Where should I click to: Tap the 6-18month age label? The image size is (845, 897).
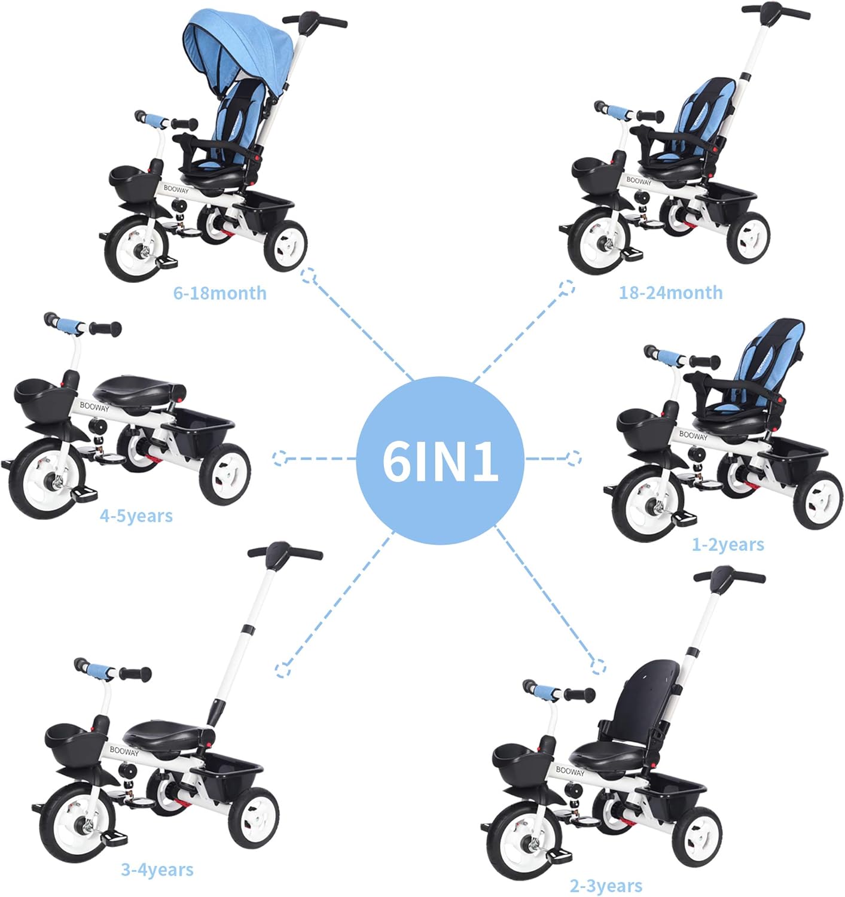(219, 293)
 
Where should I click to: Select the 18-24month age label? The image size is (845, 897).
(670, 292)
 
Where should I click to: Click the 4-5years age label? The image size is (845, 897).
(136, 515)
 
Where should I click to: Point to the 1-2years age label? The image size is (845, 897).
(728, 544)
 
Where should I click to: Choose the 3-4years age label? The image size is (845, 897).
(157, 869)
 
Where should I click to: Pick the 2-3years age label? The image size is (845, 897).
(606, 886)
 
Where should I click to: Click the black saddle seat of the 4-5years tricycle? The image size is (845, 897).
(138, 389)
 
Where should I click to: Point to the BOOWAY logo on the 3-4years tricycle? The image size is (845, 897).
(124, 751)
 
